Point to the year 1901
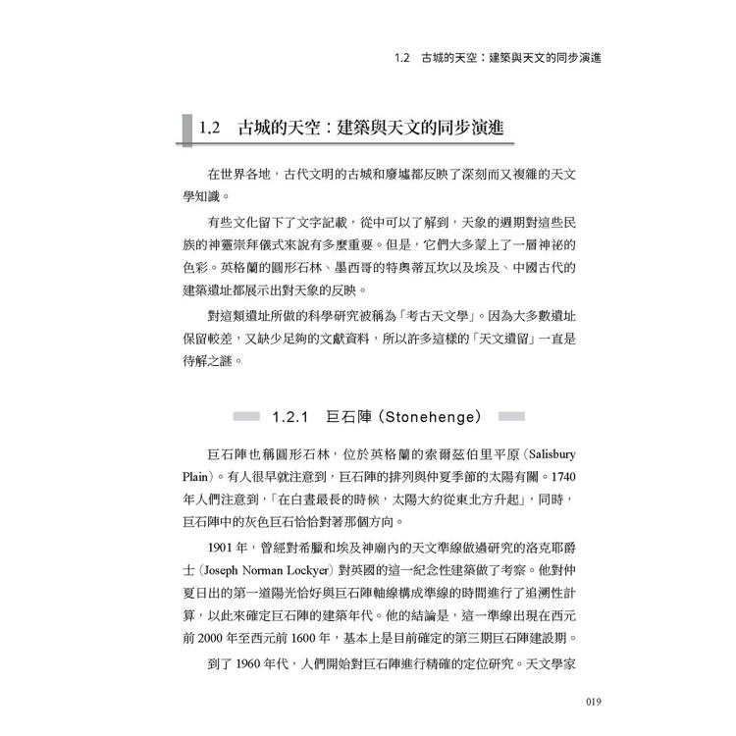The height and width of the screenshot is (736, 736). click(x=223, y=546)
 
